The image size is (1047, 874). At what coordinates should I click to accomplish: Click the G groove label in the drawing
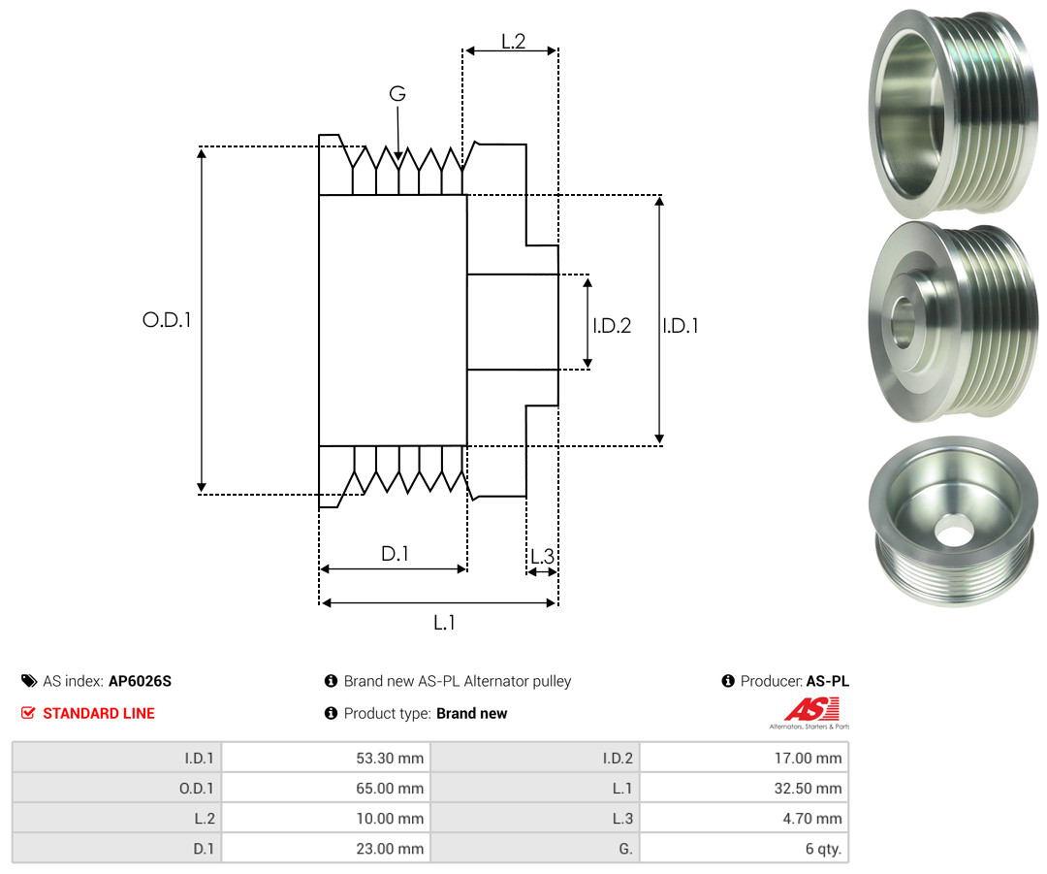click(397, 93)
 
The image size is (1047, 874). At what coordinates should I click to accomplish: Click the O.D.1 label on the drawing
click(167, 320)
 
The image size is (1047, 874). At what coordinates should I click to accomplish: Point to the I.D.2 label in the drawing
click(612, 325)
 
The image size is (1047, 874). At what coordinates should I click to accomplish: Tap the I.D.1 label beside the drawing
click(681, 325)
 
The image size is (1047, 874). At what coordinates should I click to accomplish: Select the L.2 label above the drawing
click(514, 42)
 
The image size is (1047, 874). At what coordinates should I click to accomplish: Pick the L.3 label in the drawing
click(542, 556)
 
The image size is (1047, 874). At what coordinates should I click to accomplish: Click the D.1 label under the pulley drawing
click(395, 553)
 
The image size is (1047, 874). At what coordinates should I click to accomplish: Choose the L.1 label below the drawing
click(444, 623)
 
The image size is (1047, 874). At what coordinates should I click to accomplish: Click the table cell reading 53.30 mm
click(390, 759)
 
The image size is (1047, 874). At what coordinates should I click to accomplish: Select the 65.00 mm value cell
click(390, 789)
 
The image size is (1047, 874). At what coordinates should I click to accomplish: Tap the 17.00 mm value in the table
click(808, 759)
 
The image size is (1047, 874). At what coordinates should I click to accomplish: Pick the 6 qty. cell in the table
click(823, 849)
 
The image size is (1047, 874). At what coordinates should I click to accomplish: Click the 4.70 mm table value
click(812, 819)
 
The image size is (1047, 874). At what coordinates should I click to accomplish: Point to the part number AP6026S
click(141, 681)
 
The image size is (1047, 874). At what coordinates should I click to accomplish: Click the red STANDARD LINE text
click(99, 713)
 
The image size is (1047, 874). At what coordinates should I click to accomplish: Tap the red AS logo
click(812, 710)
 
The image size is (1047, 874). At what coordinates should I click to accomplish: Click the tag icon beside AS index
click(29, 681)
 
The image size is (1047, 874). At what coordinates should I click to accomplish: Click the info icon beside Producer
click(728, 681)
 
